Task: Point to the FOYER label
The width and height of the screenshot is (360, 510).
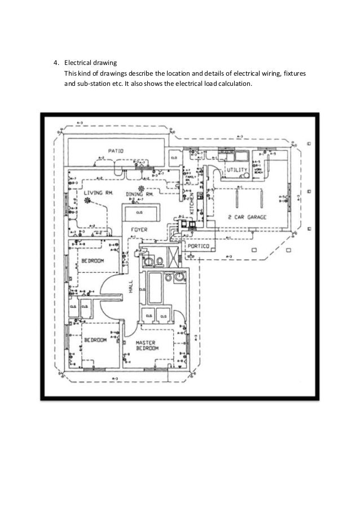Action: [139, 230]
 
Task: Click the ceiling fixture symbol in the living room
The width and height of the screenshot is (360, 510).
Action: [87, 199]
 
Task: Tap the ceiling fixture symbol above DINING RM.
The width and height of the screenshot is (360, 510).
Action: [141, 188]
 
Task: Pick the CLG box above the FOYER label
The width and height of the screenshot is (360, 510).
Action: [138, 213]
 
